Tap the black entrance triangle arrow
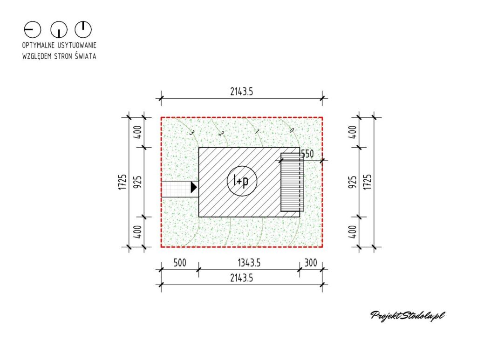[x=193, y=187]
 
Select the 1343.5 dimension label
[x=249, y=263]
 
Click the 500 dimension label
[x=179, y=263]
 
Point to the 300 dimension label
[x=311, y=263]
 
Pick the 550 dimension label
[x=307, y=154]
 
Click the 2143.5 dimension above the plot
[x=242, y=91]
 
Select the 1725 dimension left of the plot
[x=123, y=182]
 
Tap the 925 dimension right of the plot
[x=353, y=182]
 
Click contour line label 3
[x=191, y=132]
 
